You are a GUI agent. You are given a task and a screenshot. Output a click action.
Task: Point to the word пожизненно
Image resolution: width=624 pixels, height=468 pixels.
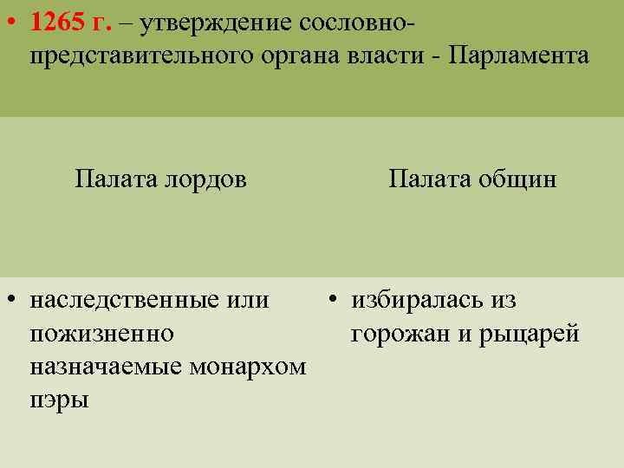click(x=101, y=334)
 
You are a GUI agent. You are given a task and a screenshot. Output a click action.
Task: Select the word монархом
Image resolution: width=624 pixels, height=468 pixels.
click(x=252, y=367)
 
